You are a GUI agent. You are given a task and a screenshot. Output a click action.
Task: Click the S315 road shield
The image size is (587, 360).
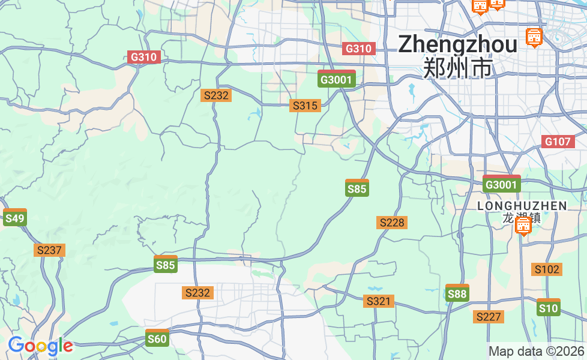[x=305, y=106]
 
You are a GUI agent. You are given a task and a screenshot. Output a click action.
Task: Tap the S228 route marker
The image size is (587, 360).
[x=392, y=223]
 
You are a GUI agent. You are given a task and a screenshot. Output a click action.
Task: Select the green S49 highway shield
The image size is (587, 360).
[x=14, y=218]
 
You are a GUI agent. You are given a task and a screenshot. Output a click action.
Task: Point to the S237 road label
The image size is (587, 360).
[x=49, y=250]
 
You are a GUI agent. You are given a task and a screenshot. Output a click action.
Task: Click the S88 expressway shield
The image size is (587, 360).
[x=457, y=293]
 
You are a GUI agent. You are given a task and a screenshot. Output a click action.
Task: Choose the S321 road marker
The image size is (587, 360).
[x=379, y=301]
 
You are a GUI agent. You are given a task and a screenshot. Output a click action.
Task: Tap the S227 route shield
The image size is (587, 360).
[x=488, y=316]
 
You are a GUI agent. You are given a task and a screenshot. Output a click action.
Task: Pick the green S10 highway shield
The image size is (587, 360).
[x=548, y=308]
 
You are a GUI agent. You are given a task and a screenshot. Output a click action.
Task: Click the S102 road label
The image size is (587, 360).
[x=547, y=269]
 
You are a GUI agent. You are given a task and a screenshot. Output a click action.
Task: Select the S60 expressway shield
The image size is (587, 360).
[x=157, y=338]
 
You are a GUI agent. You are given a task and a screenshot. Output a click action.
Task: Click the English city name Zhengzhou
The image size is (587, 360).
[x=457, y=44]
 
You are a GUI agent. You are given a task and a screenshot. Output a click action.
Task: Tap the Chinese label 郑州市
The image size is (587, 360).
[x=457, y=68]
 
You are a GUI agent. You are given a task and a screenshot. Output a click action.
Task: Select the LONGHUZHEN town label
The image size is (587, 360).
[x=522, y=206]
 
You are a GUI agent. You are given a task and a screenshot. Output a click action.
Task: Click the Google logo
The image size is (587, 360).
[x=40, y=346]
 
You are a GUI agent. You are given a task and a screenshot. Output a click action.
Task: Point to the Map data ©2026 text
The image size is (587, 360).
[x=536, y=351]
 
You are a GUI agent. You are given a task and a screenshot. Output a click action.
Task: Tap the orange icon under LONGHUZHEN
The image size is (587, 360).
[x=523, y=226]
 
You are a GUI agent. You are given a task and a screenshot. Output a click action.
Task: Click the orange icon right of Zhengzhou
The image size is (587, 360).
[x=533, y=37]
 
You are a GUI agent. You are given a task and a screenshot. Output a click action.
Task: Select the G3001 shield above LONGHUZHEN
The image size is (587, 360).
[x=501, y=184]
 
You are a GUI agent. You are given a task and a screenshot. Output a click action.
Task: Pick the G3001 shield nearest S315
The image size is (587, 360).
[x=337, y=79]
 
